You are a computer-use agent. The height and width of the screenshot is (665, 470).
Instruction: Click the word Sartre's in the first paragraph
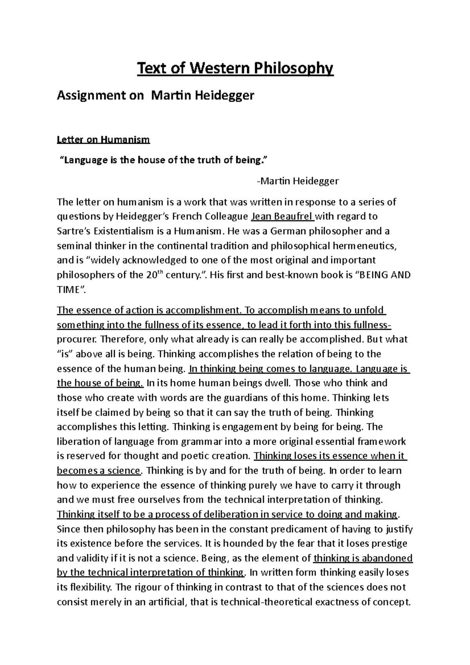coord(73,231)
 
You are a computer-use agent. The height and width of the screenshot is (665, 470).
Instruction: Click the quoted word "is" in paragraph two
coord(65,354)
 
